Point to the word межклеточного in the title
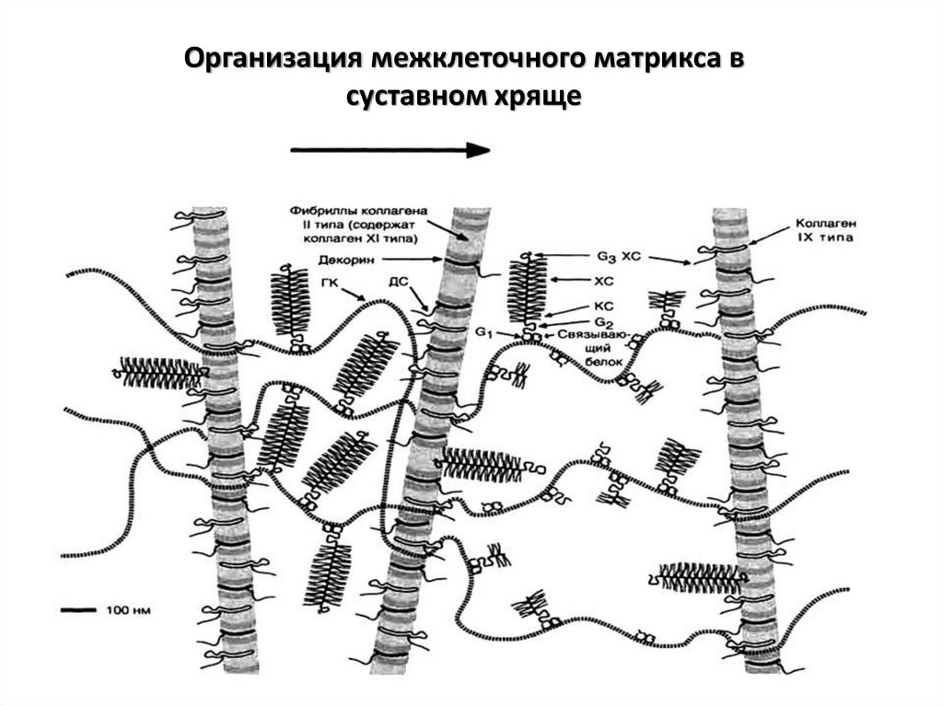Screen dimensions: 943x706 467,61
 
